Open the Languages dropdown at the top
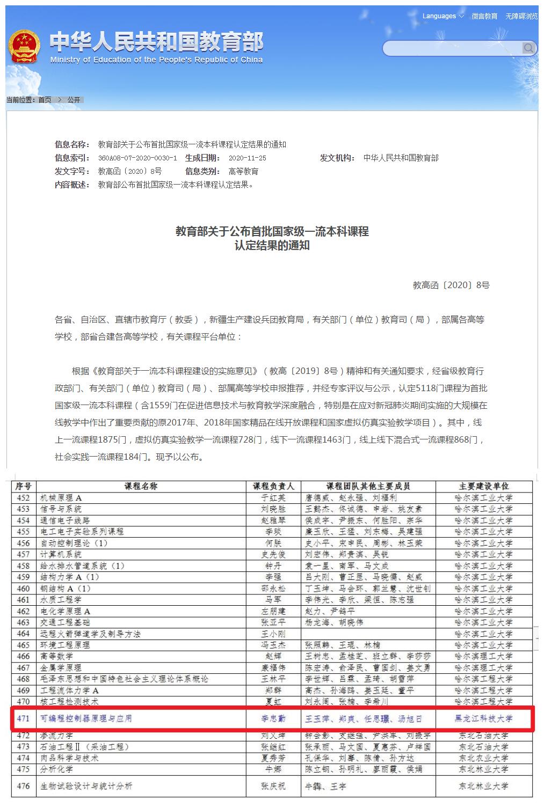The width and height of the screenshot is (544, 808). click(443, 16)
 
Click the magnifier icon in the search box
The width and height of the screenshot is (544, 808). click(528, 49)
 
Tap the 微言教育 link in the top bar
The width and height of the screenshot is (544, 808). click(484, 17)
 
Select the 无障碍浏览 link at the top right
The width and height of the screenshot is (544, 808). click(521, 17)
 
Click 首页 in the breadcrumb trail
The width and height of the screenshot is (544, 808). click(45, 100)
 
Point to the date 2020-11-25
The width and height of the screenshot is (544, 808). click(247, 158)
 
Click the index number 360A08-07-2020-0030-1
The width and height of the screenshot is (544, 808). click(137, 158)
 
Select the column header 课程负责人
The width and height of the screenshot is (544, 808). click(273, 486)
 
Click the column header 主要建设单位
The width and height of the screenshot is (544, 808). click(483, 486)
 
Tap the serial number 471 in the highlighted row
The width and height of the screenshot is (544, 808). click(23, 718)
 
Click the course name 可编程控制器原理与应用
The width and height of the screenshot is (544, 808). click(86, 718)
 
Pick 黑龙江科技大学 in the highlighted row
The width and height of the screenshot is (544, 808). click(483, 718)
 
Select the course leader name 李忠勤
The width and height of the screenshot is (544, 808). click(273, 718)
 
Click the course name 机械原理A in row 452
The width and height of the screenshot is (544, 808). click(61, 498)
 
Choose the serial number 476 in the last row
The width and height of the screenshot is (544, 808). click(23, 786)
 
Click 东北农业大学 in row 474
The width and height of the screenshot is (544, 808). click(483, 758)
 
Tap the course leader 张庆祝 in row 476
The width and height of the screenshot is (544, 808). click(273, 786)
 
